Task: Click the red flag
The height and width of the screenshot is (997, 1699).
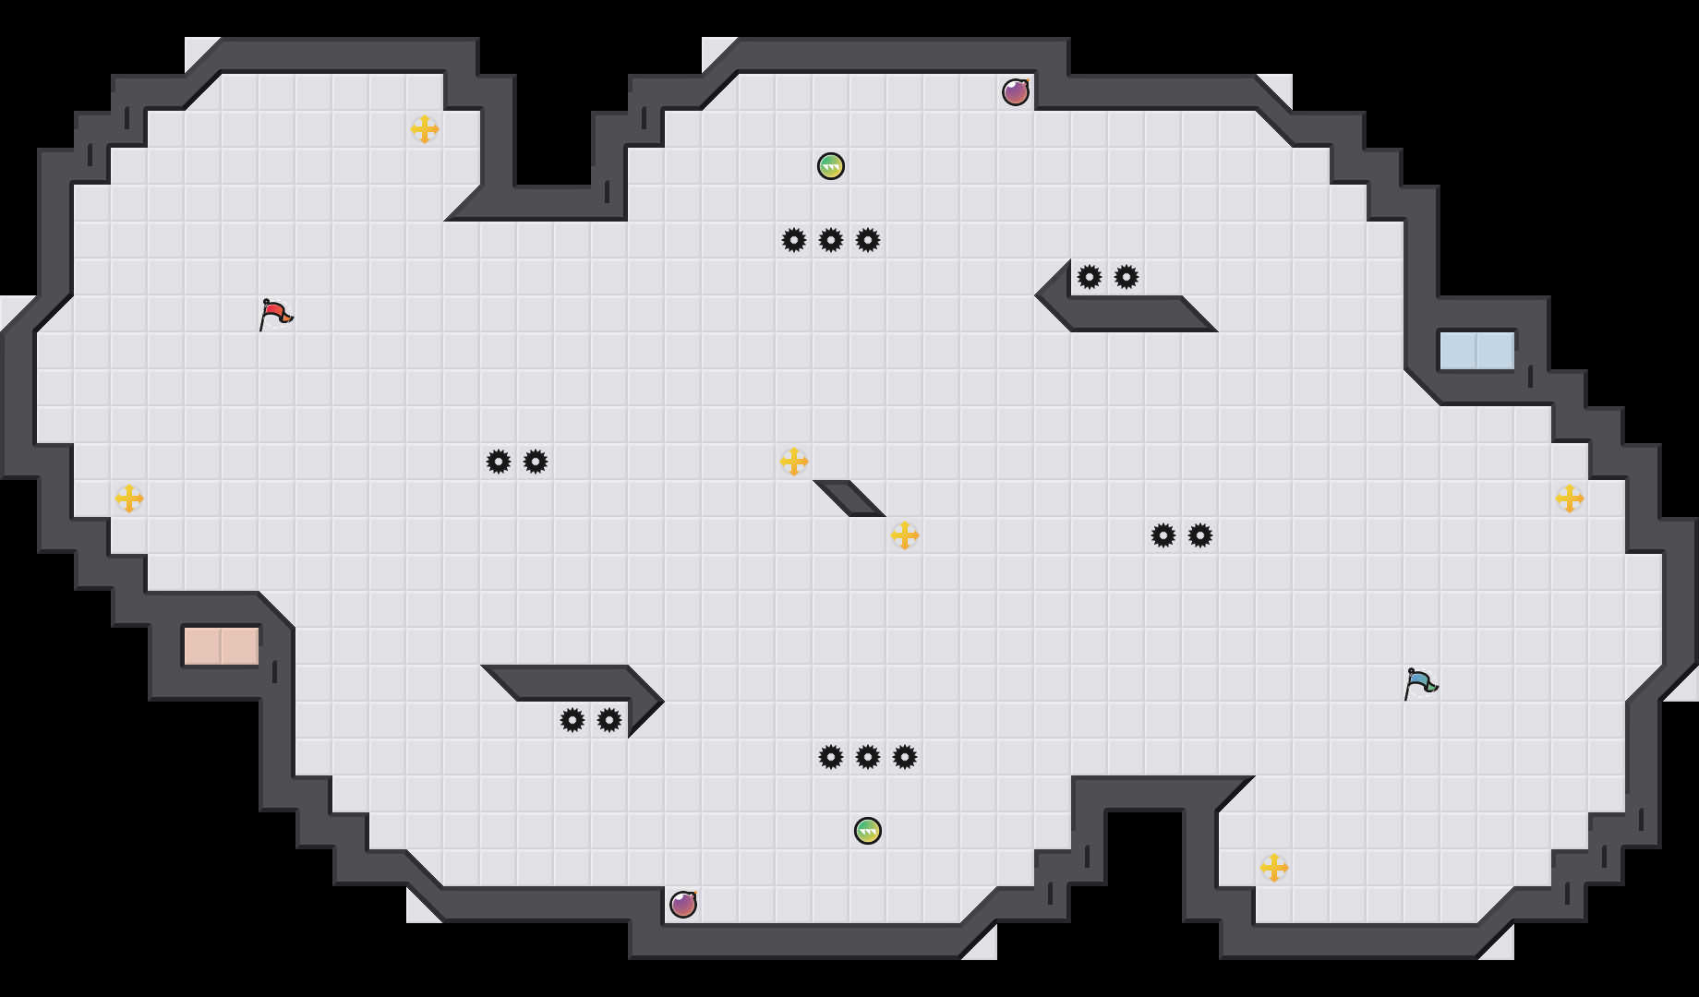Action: [275, 314]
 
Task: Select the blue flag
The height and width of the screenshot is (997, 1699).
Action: [1420, 683]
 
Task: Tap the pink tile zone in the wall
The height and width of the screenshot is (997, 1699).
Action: [222, 646]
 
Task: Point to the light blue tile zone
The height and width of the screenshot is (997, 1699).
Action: [1477, 351]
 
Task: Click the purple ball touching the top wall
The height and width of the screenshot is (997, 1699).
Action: [1016, 92]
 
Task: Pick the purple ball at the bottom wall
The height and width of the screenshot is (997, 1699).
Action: [683, 905]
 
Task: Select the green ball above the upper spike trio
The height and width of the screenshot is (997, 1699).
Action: [831, 166]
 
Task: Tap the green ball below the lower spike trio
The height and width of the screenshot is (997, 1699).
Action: [868, 831]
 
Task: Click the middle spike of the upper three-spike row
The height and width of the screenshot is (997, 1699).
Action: [831, 240]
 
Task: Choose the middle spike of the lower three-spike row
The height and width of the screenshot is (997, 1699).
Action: [868, 757]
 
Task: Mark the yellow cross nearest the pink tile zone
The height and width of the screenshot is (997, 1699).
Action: [129, 498]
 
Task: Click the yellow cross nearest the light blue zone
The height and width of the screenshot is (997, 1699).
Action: [1570, 498]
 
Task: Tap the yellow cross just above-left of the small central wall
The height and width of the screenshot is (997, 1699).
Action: [794, 462]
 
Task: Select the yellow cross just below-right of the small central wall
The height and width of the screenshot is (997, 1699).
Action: [905, 535]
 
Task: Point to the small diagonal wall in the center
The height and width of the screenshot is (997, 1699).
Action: [849, 498]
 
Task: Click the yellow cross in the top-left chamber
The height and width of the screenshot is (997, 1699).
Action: [425, 129]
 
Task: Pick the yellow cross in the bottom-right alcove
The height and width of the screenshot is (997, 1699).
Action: [1274, 868]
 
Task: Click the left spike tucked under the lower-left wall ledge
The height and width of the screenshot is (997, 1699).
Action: [572, 720]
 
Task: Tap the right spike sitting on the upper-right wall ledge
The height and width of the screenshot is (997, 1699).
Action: [1127, 277]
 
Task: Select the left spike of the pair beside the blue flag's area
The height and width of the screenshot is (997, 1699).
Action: [1163, 535]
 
